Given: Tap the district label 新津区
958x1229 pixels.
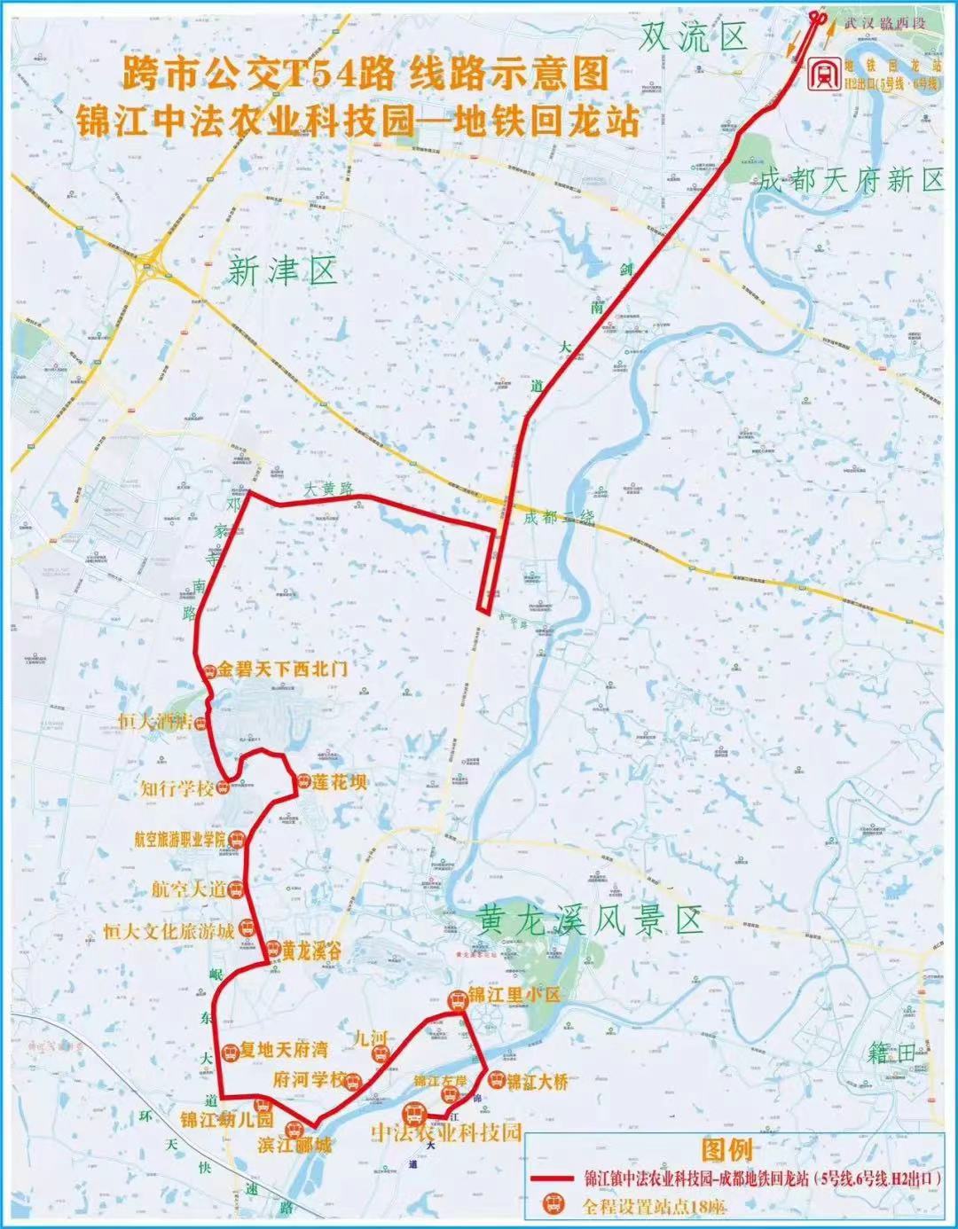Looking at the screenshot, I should pos(282,271).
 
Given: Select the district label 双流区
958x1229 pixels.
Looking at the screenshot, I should pos(694,37).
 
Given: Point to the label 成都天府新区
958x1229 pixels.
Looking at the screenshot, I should pos(851,181).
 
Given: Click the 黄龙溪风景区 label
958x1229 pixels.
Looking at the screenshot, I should pos(589,920).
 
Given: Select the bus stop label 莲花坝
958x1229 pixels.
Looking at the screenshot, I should pos(339,783).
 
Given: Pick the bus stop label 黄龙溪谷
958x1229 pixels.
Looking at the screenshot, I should pos(311,951).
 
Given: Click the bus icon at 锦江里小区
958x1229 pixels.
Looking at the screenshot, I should pos(457,999).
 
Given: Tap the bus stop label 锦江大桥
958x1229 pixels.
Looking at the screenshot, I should pos(537,1082).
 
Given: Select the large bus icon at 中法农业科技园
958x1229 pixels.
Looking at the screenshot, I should pos(413,1114).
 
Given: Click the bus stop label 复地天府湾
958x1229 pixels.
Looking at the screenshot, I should pos(283,1050).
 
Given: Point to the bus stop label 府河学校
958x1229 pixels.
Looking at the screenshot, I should pos(308,1080).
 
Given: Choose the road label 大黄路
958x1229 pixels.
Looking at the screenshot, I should pos(328,489).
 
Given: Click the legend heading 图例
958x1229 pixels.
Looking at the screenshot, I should pos(726,1151).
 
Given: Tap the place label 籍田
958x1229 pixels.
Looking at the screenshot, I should pos(891,1053).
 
